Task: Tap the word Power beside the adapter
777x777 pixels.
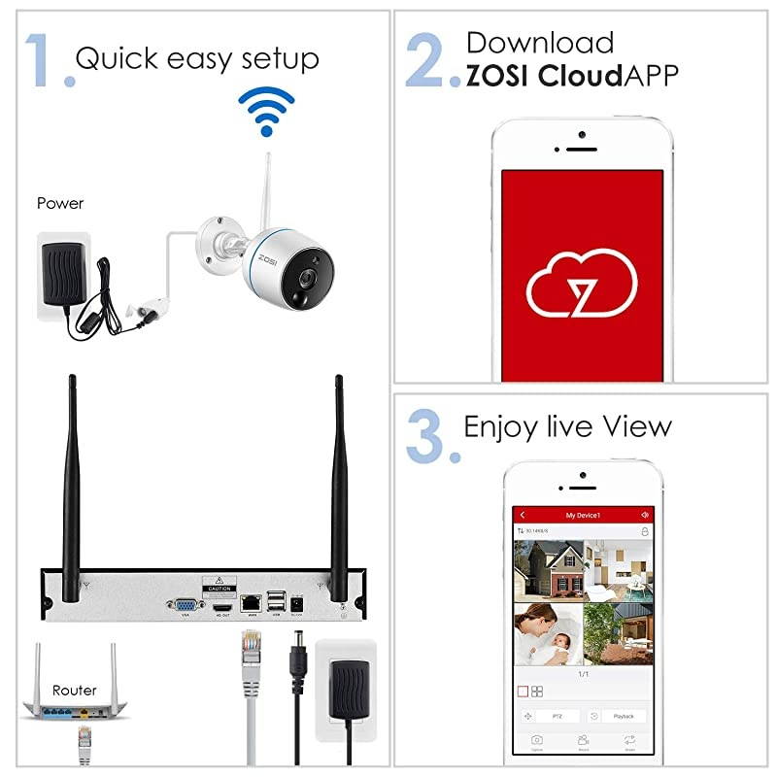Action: (x=60, y=203)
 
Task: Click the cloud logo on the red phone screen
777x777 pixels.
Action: (x=581, y=282)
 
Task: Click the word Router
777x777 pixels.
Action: (x=75, y=691)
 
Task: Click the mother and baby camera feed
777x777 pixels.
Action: (x=547, y=632)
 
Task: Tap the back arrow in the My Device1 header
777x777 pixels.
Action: (x=523, y=515)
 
